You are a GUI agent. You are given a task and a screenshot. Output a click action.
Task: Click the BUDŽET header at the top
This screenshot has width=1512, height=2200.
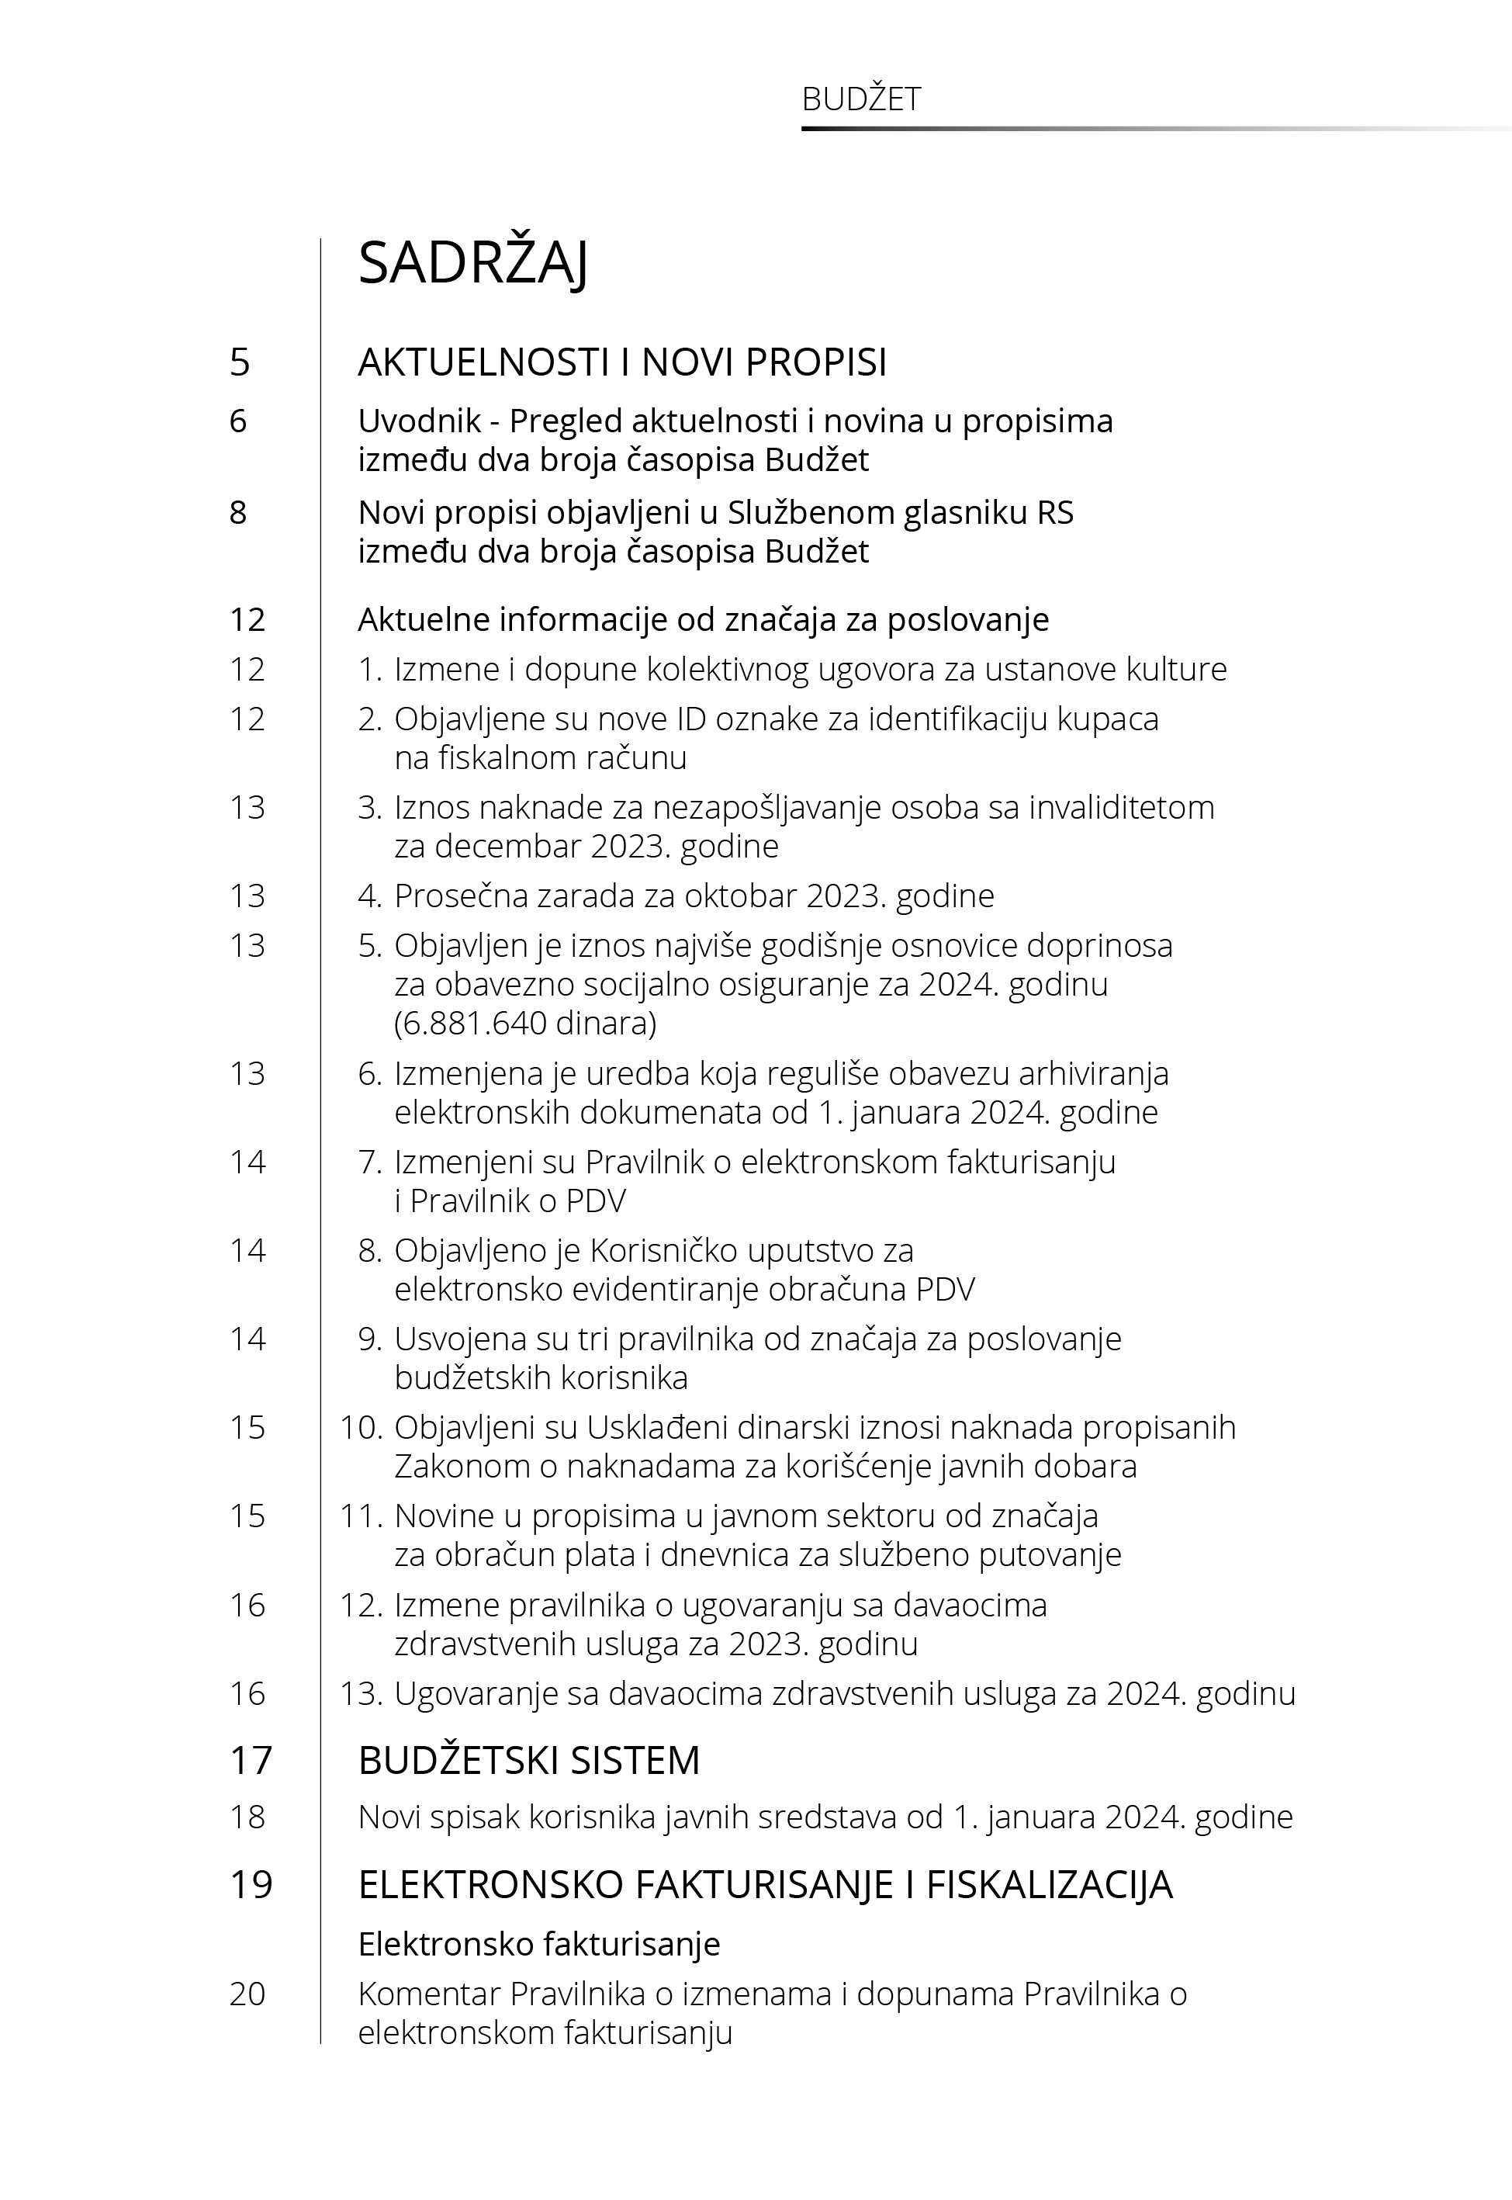point(860,99)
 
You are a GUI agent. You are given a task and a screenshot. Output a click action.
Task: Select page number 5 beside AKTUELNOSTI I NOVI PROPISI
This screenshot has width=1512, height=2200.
point(240,362)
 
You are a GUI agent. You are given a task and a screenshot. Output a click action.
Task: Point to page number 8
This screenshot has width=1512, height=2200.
point(238,513)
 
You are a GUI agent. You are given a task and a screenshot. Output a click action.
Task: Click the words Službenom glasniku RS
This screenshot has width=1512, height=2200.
point(901,513)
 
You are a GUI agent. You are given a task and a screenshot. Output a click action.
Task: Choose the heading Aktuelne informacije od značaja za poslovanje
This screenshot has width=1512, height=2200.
point(703,619)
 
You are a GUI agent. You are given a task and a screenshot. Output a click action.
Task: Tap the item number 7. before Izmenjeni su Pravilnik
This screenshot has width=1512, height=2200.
point(369,1162)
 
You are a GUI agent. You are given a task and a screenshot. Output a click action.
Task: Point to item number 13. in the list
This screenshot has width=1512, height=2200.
point(361,1694)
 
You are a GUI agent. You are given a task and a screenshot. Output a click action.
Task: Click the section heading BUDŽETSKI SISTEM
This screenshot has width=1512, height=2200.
point(528,1760)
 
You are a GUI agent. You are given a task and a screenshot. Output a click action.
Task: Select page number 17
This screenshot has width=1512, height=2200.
point(251,1760)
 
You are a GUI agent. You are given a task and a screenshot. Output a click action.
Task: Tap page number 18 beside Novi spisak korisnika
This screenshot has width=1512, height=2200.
point(247,1817)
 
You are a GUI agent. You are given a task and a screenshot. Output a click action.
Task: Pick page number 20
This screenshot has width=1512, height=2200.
point(247,1994)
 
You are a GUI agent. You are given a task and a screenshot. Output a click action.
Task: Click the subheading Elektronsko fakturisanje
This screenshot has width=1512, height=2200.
point(539,1944)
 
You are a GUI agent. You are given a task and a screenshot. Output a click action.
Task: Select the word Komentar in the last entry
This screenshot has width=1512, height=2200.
point(429,1994)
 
